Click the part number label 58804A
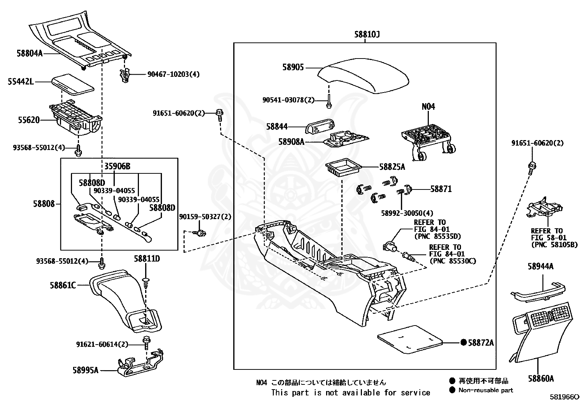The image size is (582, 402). pos(30,53)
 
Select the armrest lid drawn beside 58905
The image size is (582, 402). pos(363,76)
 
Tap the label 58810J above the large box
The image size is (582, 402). pos(367,34)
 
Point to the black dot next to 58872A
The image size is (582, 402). pos(464,342)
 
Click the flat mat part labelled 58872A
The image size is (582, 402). pos(410,339)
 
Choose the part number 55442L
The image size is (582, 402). pos(21,82)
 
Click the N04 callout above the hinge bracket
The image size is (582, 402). pos(428,106)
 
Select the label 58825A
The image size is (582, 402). pos(392,167)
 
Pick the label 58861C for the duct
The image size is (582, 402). pos(63,285)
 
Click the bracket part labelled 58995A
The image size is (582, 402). pos(140,362)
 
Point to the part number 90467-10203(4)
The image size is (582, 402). pos(174,74)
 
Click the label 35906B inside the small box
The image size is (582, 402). pos(117,166)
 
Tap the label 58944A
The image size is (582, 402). pos(540,266)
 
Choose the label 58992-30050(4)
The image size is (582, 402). pos(407,213)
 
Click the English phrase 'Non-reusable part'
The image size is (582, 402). pos(485,390)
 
